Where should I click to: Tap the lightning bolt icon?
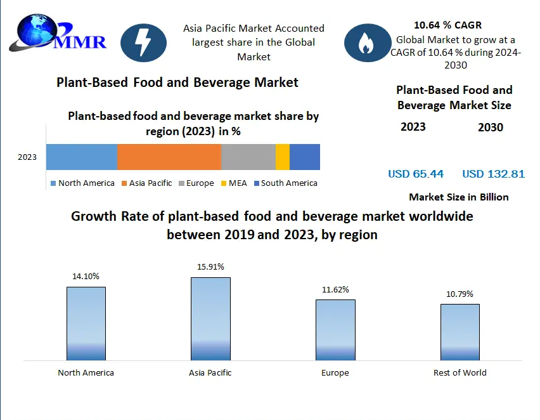tap(143, 43)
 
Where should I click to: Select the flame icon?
tap(366, 43)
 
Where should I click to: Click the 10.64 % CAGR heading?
tap(447, 25)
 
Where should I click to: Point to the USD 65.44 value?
tap(416, 174)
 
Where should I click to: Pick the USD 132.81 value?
tap(494, 174)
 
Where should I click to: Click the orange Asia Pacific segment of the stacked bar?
tap(169, 157)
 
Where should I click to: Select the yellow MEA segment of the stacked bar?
tap(283, 157)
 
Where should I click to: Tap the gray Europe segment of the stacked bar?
tap(248, 157)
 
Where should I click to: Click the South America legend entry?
tap(285, 183)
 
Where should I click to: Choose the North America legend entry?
tap(82, 183)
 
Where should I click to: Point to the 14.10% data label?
tap(86, 277)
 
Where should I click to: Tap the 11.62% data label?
tap(335, 290)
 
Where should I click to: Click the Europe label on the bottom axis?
tap(335, 373)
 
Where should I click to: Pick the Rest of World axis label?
tap(460, 373)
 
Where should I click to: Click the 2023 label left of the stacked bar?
tap(27, 157)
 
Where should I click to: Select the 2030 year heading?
tap(491, 128)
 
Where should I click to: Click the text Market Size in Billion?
tap(459, 197)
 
